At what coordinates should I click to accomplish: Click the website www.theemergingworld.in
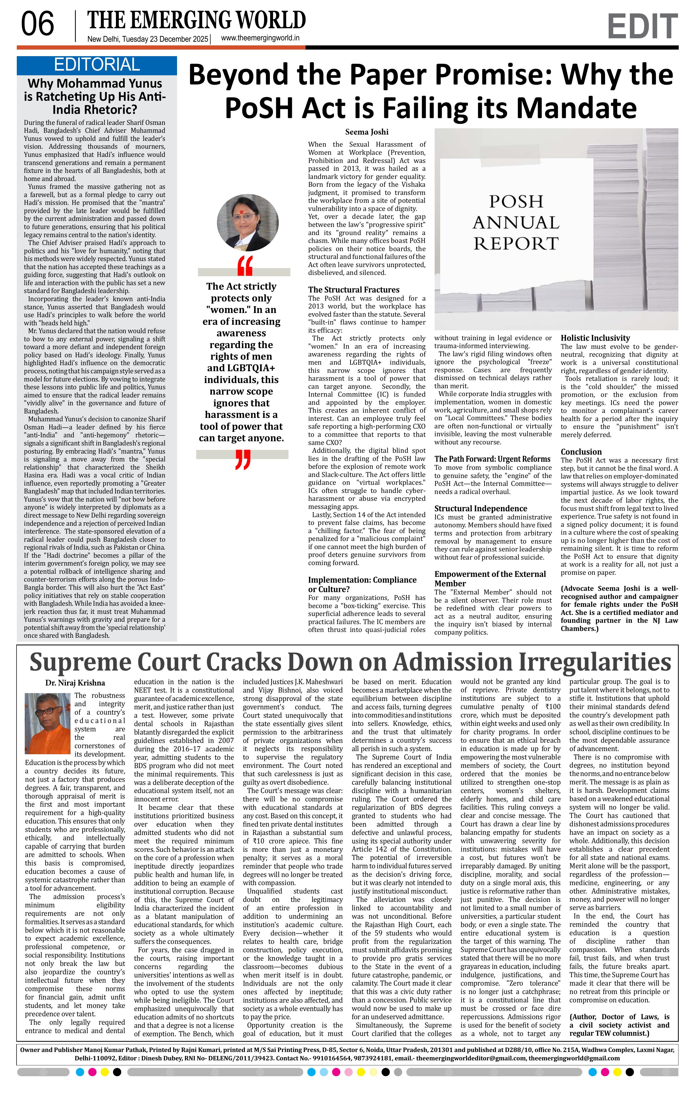pyautogui.click(x=260, y=38)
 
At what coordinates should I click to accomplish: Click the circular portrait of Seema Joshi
pyautogui.click(x=241, y=223)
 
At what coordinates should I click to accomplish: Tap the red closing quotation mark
pyautogui.click(x=243, y=459)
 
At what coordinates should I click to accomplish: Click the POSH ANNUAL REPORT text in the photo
pyautogui.click(x=516, y=222)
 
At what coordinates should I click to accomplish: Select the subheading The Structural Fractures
pyautogui.click(x=353, y=290)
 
